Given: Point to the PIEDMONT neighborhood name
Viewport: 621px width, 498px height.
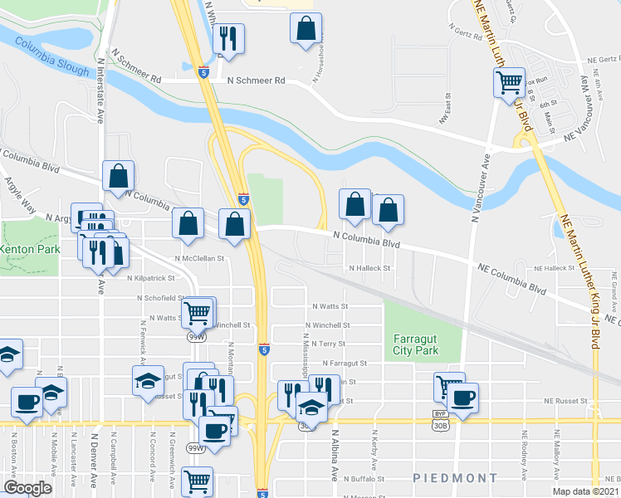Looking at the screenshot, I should pyautogui.click(x=455, y=478).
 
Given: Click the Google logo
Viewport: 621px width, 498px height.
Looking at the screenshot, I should pyautogui.click(x=27, y=488).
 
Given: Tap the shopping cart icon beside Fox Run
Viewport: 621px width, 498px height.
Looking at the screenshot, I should pyautogui.click(x=508, y=83).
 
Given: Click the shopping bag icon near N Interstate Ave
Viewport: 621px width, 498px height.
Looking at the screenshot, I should pyautogui.click(x=119, y=175).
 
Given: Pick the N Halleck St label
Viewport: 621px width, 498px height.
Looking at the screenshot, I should pyautogui.click(x=369, y=268).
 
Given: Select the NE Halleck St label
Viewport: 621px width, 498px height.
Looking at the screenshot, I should pyautogui.click(x=555, y=268).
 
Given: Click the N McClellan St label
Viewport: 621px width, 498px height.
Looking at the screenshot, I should pyautogui.click(x=201, y=258).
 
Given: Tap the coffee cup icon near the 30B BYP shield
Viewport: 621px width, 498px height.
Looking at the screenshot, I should pyautogui.click(x=463, y=397).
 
